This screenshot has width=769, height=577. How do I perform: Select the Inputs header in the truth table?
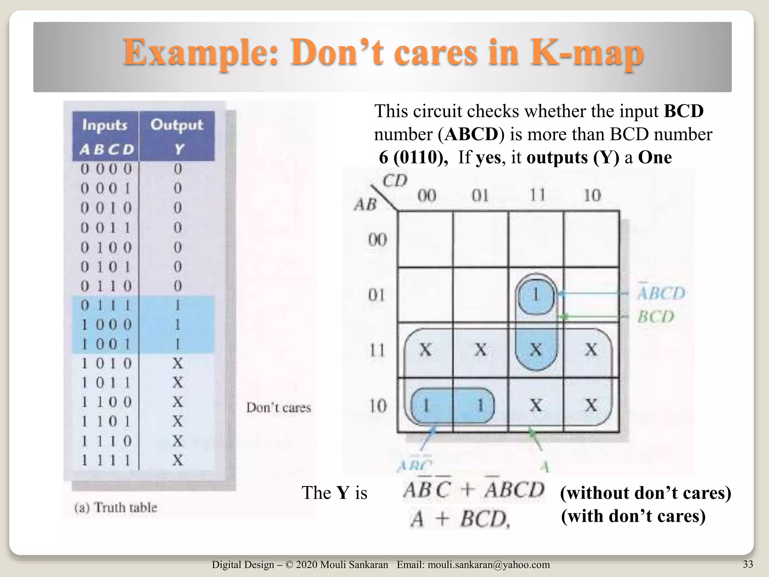point(105,125)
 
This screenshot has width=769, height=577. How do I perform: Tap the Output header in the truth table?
point(177,125)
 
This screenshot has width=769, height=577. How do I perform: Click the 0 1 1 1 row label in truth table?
point(106,305)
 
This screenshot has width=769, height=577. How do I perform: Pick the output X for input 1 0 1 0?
point(178,363)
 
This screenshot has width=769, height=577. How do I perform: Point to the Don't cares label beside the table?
point(279,408)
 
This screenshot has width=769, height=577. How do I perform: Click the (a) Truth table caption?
point(116,508)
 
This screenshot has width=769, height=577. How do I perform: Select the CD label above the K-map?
point(395,181)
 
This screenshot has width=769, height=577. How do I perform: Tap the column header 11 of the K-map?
point(537,195)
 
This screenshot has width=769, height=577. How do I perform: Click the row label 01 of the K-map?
point(377,295)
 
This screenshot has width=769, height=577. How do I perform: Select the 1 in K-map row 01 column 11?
point(536,295)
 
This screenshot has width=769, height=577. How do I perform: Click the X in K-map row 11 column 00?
point(425,350)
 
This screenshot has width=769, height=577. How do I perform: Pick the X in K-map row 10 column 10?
point(591,405)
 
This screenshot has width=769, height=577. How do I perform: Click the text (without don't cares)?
point(645,493)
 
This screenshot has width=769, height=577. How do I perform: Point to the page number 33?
point(748,564)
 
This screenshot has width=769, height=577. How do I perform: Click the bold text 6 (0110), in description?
point(413,157)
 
